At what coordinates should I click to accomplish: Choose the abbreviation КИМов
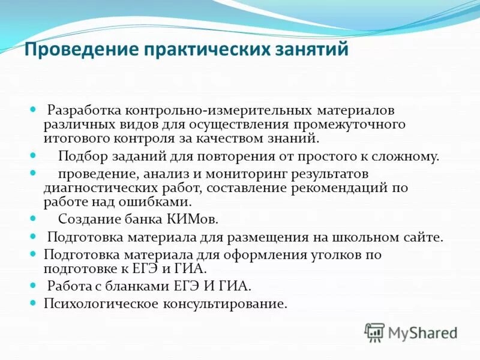pyautogui.click(x=193, y=218)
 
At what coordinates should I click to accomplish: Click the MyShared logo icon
pyautogui.click(x=375, y=332)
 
